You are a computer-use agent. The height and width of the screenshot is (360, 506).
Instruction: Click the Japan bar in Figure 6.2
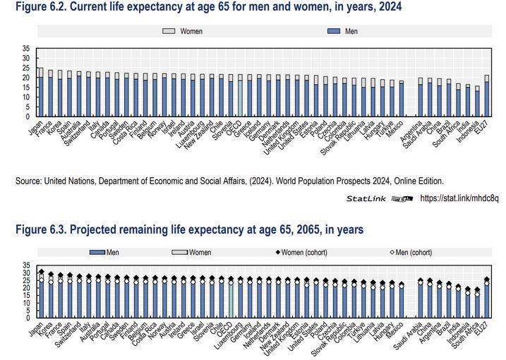40,94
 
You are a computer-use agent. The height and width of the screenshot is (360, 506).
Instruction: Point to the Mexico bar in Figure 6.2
402,100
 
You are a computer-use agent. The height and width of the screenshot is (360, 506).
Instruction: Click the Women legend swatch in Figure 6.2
169,32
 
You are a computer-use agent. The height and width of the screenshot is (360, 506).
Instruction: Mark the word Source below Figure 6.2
30,181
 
